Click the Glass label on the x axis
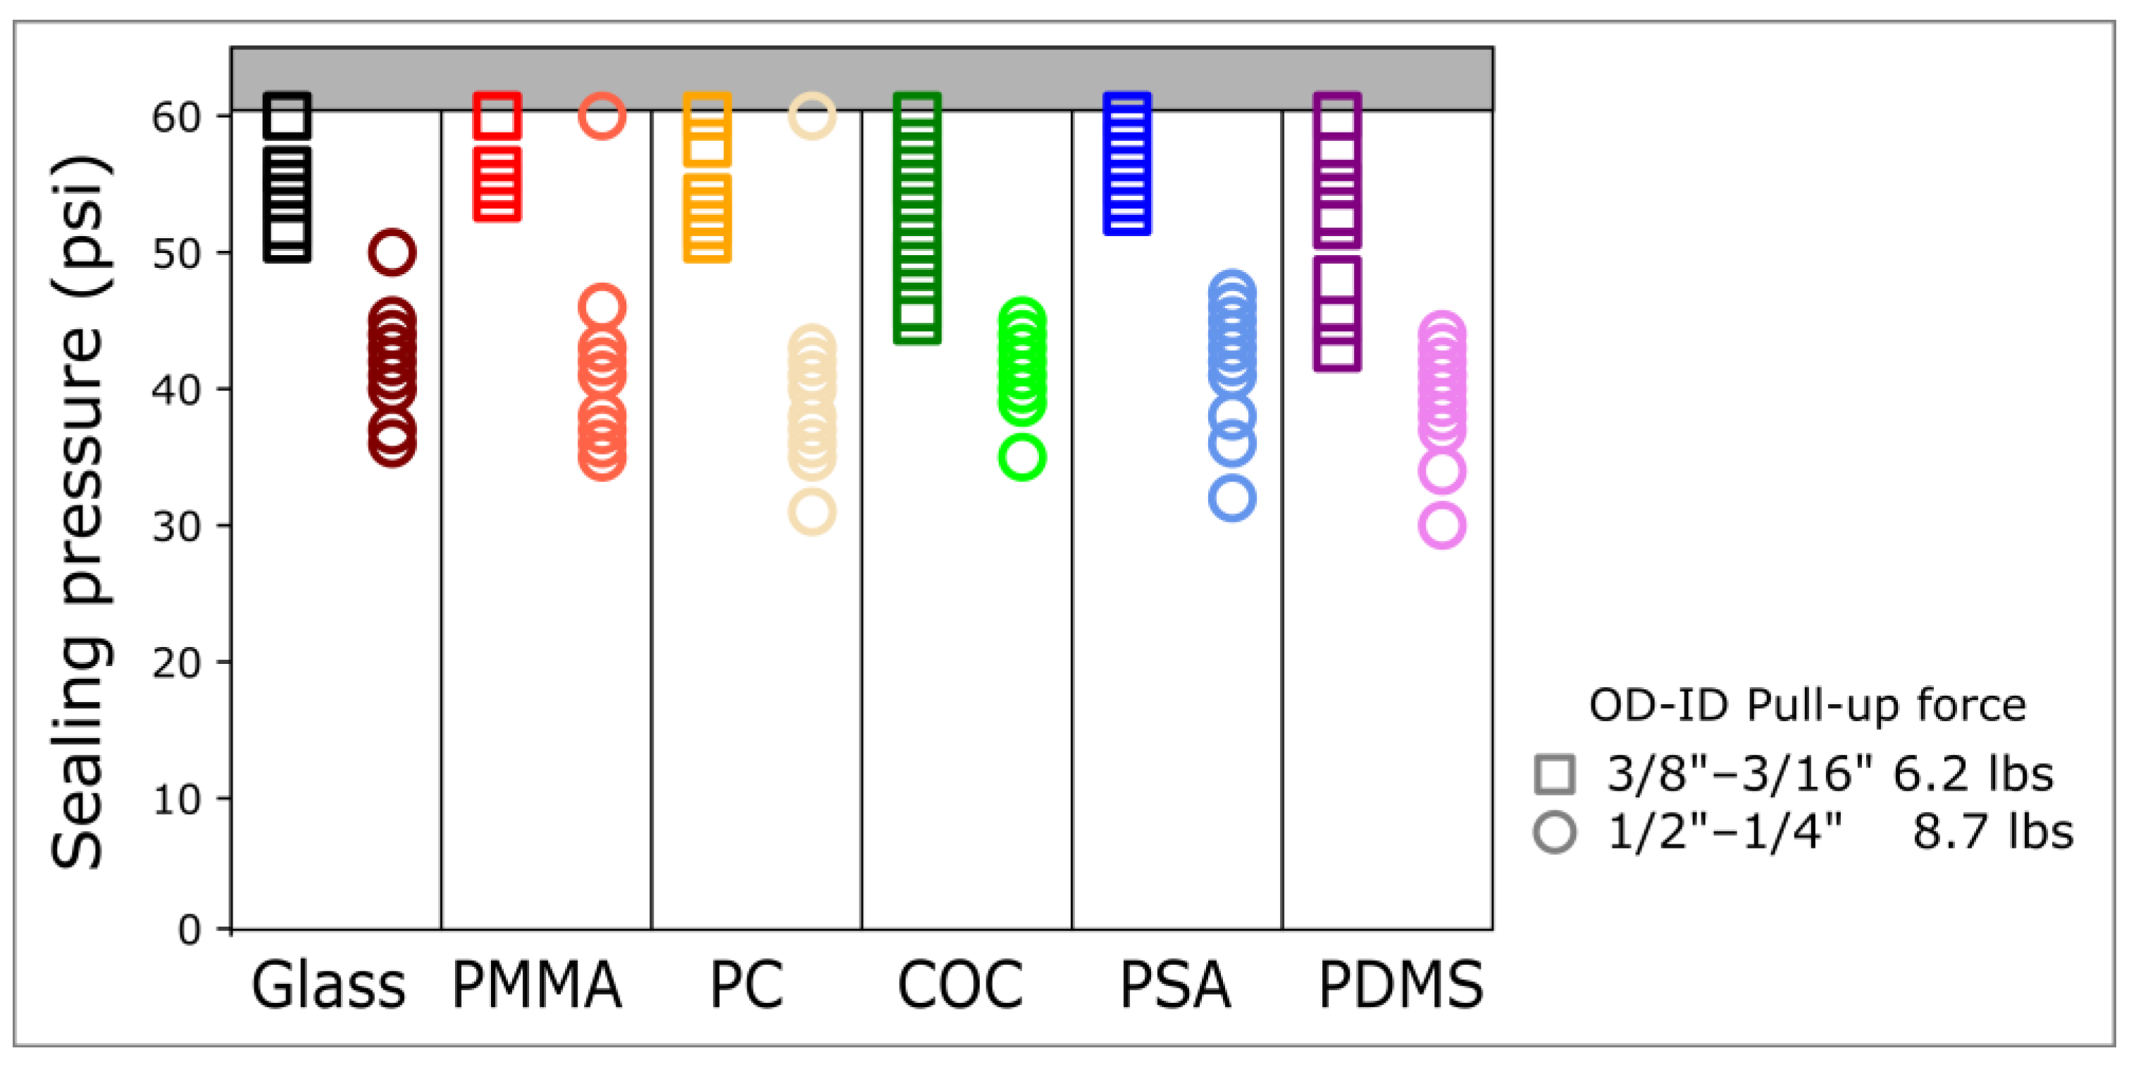(328, 985)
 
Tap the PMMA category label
(537, 985)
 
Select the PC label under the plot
(746, 985)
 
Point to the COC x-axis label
(960, 985)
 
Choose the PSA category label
(1175, 985)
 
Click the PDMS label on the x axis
(1401, 985)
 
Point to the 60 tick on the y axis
(177, 117)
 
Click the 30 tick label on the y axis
(177, 526)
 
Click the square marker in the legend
(1555, 774)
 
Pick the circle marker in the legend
(1555, 832)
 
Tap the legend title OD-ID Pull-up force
(1807, 706)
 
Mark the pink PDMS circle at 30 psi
(1442, 525)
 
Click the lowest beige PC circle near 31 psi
(812, 511)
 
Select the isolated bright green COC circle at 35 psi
(1022, 457)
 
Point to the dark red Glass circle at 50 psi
(392, 252)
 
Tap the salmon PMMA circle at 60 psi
(602, 116)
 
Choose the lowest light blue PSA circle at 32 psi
(1232, 498)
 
